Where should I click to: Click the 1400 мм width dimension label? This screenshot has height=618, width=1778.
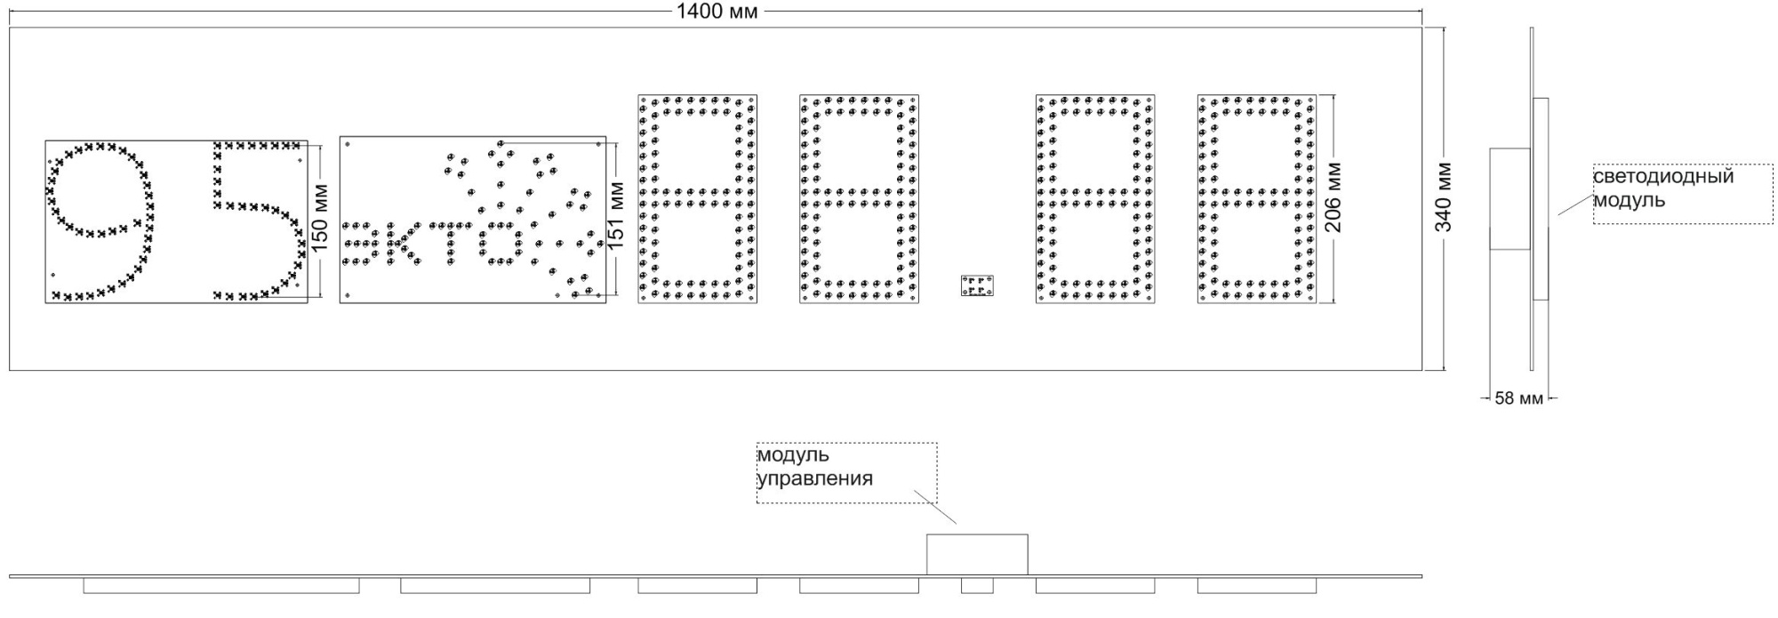coord(717,12)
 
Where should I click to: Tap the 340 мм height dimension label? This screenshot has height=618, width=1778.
coord(1444,197)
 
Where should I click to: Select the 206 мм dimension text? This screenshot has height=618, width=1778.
coord(1334,197)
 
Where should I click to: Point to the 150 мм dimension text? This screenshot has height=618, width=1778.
coord(322,217)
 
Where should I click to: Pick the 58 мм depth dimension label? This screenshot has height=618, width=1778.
coord(1518,398)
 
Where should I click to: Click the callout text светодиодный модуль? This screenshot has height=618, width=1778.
coord(1662,188)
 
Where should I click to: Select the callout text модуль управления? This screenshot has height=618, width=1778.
coord(814,467)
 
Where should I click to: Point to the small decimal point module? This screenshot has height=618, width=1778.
coord(977,286)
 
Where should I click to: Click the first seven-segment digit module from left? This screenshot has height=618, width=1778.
coord(698,199)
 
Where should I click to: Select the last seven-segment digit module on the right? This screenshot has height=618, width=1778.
coord(1257,199)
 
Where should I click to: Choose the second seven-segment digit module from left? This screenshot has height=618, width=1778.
coord(859,199)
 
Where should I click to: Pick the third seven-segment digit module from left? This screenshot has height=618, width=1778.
coord(1095,199)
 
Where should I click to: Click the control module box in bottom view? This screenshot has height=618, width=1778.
coord(977,555)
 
